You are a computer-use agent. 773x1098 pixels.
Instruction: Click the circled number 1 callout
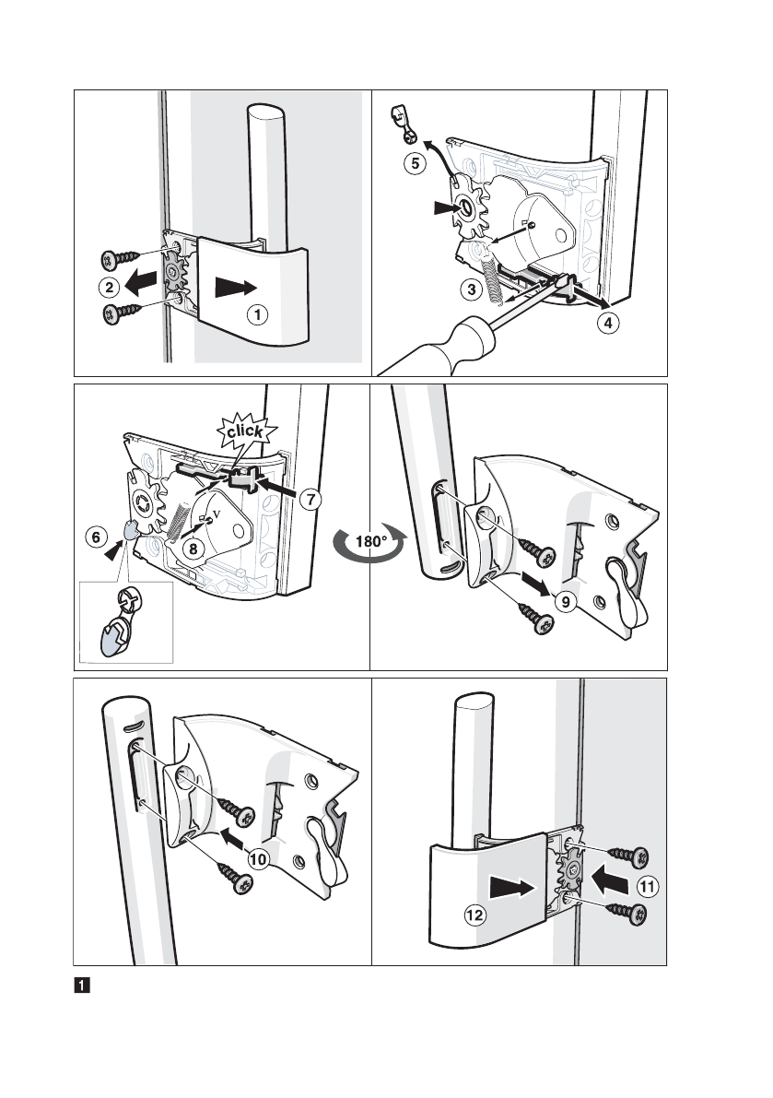(258, 315)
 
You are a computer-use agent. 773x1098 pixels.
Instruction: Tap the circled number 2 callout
(109, 287)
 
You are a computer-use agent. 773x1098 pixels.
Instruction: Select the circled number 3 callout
(472, 289)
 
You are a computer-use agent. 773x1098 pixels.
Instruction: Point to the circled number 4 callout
(608, 323)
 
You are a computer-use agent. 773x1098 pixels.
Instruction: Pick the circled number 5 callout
(415, 164)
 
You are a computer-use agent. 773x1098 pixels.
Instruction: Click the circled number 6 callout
(96, 537)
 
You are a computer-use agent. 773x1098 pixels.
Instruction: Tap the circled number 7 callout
(310, 500)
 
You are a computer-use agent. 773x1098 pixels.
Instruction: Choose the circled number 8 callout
(193, 549)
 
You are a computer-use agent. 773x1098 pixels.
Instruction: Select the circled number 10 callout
(259, 859)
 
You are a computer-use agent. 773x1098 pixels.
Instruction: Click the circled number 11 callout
(648, 887)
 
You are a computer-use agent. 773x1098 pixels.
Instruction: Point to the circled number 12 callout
(474, 915)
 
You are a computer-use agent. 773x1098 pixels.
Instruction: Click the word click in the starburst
(244, 431)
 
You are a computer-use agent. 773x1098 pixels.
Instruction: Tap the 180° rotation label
(370, 541)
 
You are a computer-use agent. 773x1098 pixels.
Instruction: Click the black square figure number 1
(82, 986)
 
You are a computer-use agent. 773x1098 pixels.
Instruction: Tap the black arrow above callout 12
(512, 888)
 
